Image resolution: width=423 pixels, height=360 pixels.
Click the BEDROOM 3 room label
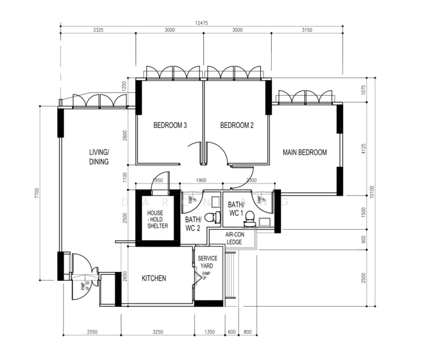click(x=170, y=125)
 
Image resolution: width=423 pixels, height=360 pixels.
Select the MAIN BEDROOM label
click(x=305, y=152)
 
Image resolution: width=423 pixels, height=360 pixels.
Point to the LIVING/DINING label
click(x=99, y=157)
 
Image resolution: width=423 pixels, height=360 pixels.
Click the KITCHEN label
click(x=154, y=278)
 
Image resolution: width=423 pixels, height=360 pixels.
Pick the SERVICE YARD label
click(x=208, y=262)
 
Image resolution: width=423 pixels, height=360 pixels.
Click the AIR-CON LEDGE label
click(x=234, y=238)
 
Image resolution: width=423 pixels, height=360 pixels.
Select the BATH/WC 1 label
click(x=236, y=209)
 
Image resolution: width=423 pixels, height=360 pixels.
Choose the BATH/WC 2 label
click(x=193, y=224)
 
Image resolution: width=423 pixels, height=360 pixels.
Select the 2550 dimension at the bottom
click(x=92, y=331)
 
